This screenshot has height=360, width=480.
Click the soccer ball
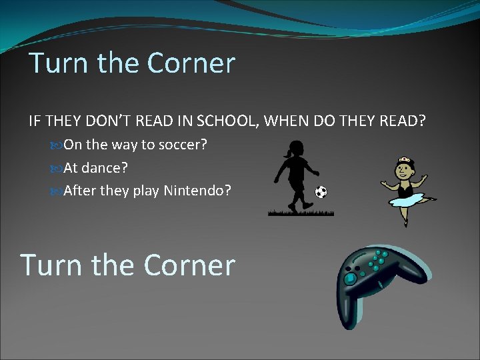321,192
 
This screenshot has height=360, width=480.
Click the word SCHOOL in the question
224,121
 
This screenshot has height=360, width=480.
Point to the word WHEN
284,121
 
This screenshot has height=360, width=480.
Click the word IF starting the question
34,121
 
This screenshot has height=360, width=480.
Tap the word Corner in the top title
191,63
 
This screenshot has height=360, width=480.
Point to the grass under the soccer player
301,213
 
